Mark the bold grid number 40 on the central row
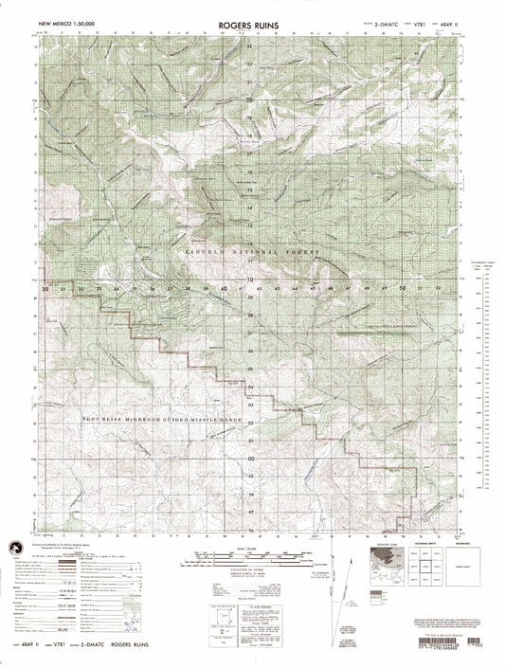point(224,287)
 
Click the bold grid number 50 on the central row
point(403,287)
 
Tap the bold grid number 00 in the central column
point(250,460)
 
